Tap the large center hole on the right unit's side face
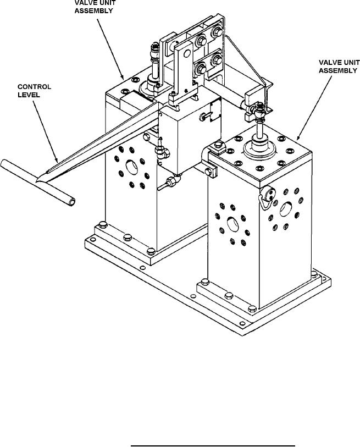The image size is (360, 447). coord(286,209)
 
